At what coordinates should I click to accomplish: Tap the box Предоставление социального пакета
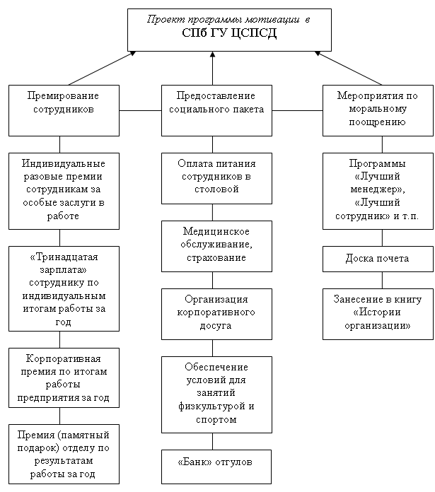coord(216,110)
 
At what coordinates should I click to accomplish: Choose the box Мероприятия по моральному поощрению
coord(377,110)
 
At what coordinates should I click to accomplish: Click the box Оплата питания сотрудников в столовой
coord(216,177)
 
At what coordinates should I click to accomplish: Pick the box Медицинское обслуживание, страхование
coord(216,245)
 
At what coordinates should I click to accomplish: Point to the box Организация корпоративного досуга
coord(216,312)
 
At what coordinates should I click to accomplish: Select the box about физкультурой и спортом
coord(216,394)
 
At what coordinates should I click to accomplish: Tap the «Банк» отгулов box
coord(216,462)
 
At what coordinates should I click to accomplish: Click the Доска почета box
coord(377,259)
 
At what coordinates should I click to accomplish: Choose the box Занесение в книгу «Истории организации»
coord(377,313)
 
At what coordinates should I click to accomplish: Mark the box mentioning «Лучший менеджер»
coord(377,191)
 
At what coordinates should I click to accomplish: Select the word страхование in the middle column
coord(216,257)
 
